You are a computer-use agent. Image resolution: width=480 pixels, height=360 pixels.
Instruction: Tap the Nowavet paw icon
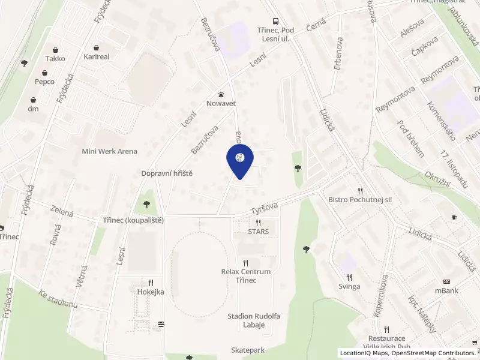click(221, 94)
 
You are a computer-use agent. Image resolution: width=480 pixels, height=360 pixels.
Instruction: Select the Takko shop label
click(55, 59)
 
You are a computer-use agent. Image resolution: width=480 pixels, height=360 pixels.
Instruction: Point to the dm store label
click(33, 109)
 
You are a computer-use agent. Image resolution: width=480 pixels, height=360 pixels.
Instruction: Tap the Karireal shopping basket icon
click(97, 47)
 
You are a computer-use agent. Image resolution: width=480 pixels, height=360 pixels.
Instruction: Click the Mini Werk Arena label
click(110, 151)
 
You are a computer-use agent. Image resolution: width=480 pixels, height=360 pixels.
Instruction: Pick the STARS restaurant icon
click(258, 223)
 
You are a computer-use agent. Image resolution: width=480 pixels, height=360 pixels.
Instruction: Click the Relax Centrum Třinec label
click(246, 276)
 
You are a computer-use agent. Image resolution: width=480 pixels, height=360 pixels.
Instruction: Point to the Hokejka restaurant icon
click(151, 283)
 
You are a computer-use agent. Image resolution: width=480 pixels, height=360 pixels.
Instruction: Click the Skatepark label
click(248, 349)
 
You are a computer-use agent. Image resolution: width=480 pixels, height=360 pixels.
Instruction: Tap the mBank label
click(447, 291)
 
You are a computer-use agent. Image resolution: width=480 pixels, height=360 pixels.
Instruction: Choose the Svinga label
click(349, 286)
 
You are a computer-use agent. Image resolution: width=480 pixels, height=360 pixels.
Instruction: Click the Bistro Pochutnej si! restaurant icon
click(360, 190)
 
